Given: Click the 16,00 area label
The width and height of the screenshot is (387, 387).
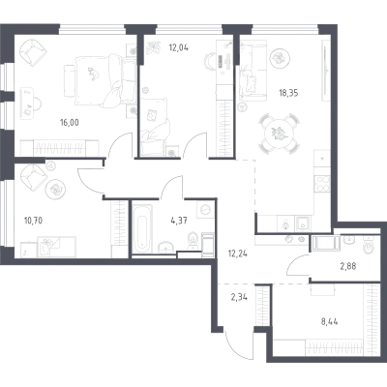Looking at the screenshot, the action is [x=70, y=123].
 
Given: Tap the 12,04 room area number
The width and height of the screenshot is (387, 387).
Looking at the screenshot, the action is [x=179, y=48].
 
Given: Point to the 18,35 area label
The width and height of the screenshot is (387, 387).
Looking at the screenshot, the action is [x=288, y=93].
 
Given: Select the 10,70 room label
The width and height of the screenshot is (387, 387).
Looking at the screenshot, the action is [x=34, y=221].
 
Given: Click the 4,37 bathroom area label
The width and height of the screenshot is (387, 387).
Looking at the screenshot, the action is [x=179, y=221].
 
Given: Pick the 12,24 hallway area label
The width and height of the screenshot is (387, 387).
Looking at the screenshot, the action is [x=237, y=253].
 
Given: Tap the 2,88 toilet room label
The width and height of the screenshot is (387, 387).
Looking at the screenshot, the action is [x=348, y=267].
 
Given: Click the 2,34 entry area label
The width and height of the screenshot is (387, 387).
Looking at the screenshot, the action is [x=239, y=297].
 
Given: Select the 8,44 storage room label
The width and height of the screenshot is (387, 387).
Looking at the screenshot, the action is [x=330, y=321].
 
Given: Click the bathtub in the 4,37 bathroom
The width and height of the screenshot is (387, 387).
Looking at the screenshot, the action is [x=142, y=228].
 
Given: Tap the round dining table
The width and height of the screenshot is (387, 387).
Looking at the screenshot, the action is [x=278, y=134].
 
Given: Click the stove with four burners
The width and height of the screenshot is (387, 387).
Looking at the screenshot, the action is [x=322, y=184].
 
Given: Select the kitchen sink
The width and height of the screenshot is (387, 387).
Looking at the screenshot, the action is [x=303, y=223].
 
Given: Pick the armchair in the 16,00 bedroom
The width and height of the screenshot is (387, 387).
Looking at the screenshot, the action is [x=33, y=52].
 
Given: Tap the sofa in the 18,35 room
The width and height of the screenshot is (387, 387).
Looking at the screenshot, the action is [x=253, y=69].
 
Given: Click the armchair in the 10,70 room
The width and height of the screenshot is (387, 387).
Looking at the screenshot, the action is [x=33, y=178].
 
